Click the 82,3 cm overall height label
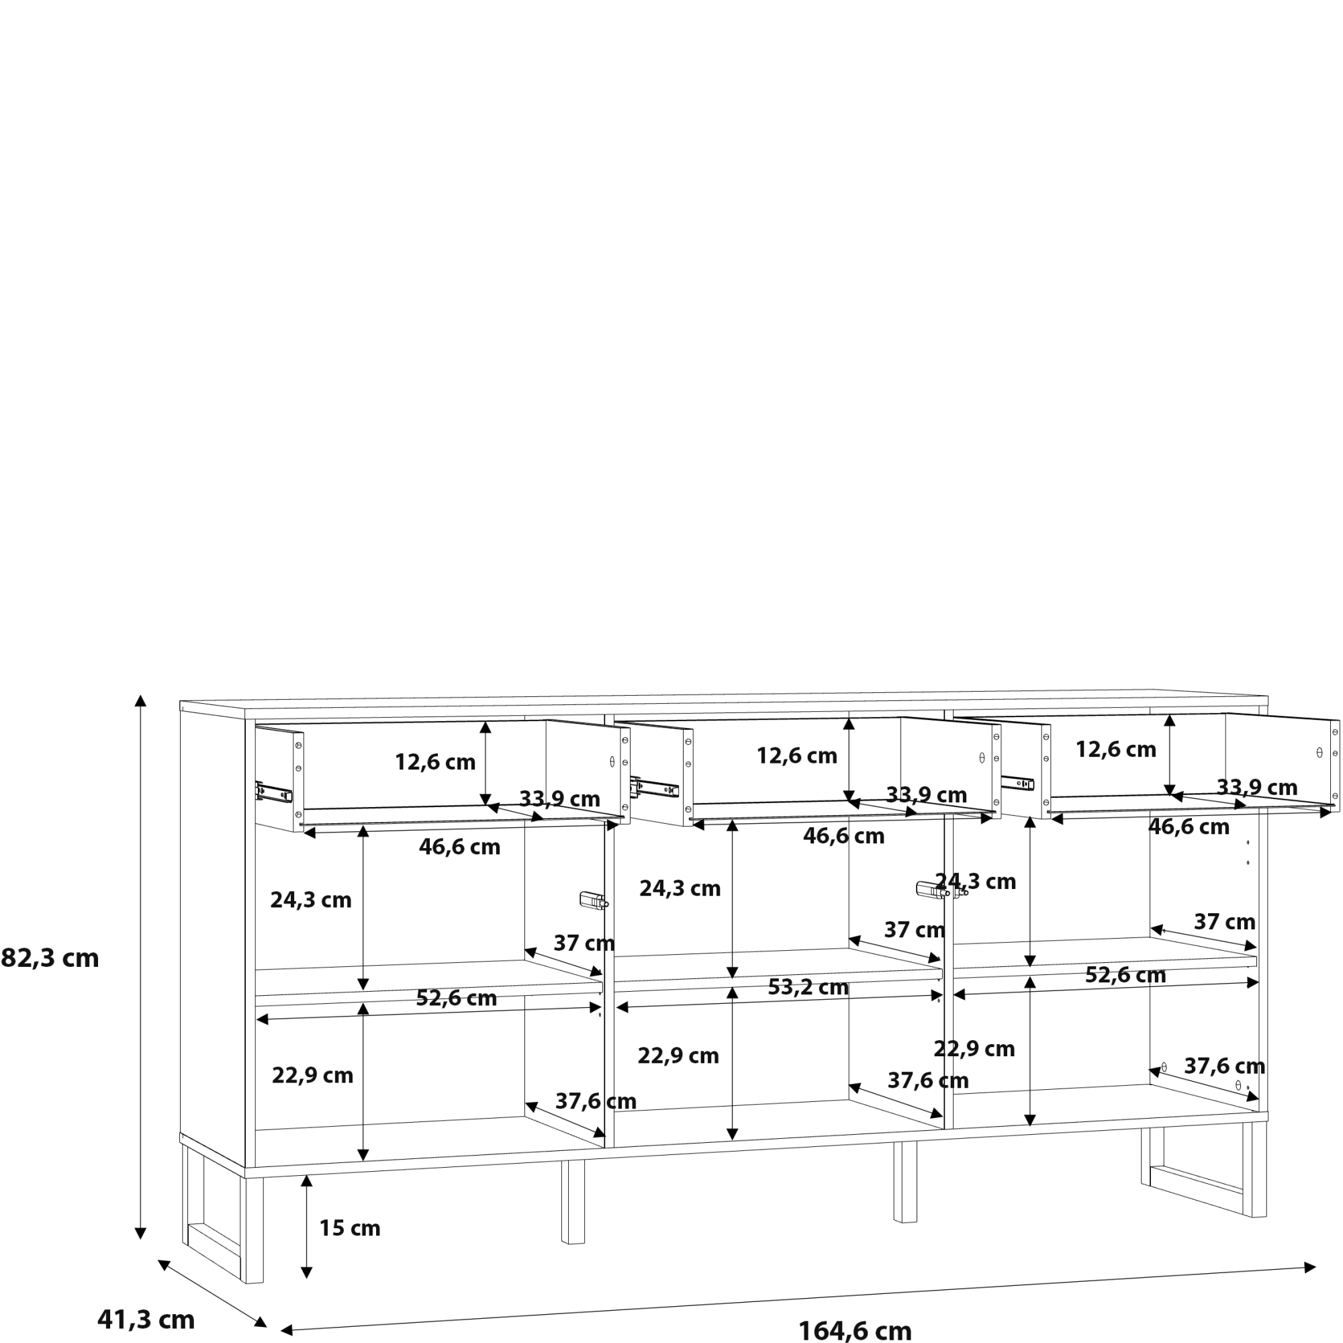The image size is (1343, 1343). (50, 959)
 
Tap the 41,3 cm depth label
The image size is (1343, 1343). (146, 1319)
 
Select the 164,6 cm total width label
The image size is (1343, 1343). (854, 1330)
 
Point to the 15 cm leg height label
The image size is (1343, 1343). (350, 1228)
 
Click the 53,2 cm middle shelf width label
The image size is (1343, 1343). (808, 987)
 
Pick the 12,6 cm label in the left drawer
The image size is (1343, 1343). (435, 762)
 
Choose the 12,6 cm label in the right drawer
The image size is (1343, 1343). (1115, 749)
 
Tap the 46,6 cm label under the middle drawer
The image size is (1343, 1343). (843, 835)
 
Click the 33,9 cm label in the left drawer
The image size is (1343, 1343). (559, 798)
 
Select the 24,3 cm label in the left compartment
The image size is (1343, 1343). (311, 900)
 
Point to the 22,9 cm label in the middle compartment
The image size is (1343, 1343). (678, 1056)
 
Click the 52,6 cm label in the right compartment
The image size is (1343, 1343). (1125, 975)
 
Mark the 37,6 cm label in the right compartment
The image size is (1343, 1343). (1224, 1066)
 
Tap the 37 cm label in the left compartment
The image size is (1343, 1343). (584, 943)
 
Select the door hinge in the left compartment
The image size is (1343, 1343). (594, 901)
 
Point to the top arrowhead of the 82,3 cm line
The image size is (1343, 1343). (140, 700)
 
